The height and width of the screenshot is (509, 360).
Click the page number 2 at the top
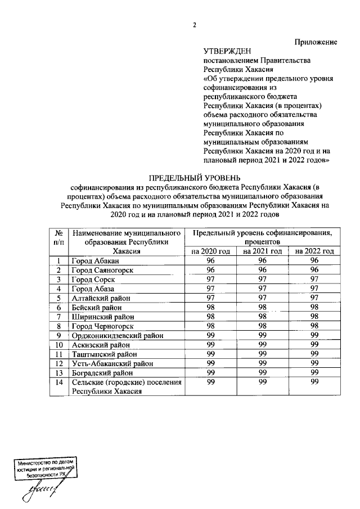pyautogui.click(x=195, y=25)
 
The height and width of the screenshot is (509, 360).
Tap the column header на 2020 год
pyautogui.click(x=211, y=251)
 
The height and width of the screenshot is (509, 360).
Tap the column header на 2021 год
pyautogui.click(x=262, y=251)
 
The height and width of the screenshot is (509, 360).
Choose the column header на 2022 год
pyautogui.click(x=314, y=251)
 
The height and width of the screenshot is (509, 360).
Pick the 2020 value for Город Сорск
pyautogui.click(x=211, y=280)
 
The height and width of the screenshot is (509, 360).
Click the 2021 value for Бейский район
pyautogui.click(x=262, y=308)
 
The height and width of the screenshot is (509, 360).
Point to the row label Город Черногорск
pyautogui.click(x=103, y=326)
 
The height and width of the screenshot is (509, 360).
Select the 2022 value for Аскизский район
pyautogui.click(x=314, y=344)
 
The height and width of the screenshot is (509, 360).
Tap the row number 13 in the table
pyautogui.click(x=58, y=372)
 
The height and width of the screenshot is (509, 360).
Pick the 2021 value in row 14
pyautogui.click(x=262, y=382)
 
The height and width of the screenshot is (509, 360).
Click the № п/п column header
pyautogui.click(x=58, y=237)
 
